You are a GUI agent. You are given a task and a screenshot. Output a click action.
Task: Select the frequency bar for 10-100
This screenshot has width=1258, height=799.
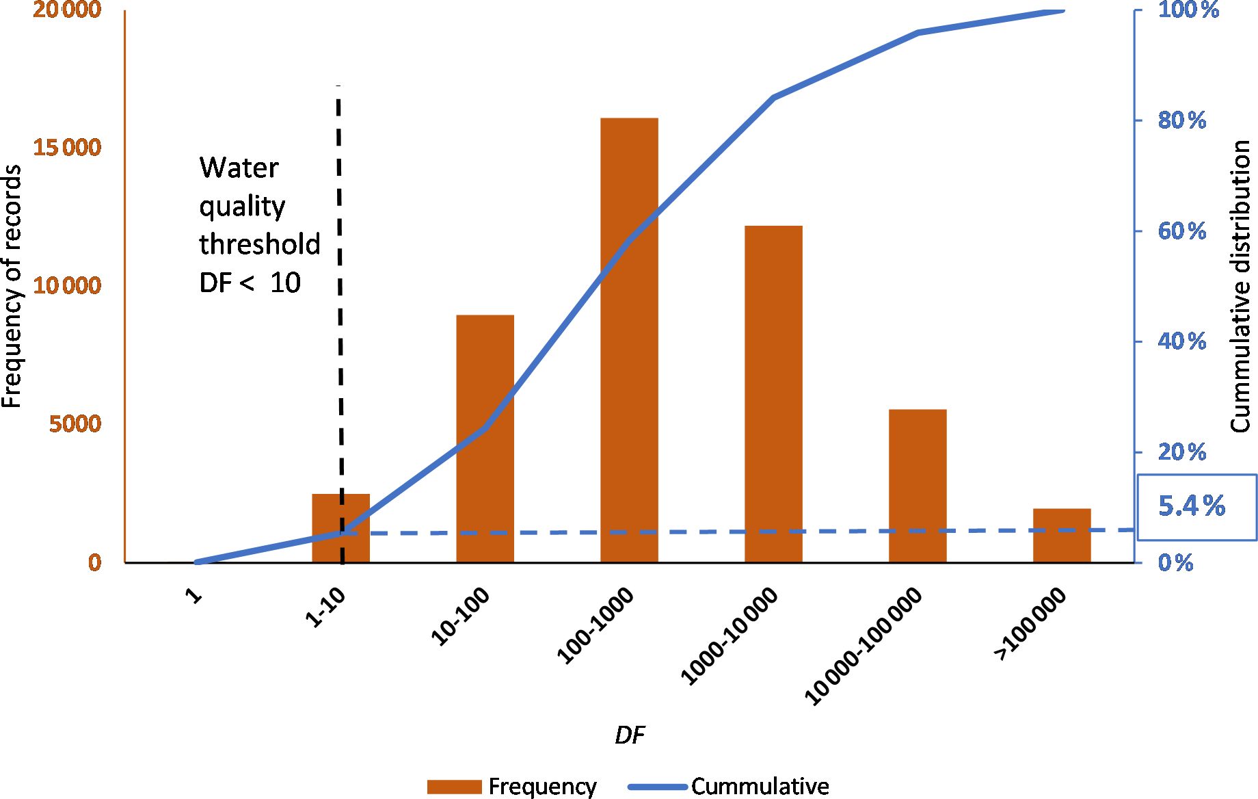click(485, 479)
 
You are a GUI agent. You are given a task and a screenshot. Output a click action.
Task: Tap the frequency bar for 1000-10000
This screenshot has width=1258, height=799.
click(773, 410)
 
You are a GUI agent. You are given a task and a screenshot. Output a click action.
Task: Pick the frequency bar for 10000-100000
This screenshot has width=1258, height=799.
click(918, 493)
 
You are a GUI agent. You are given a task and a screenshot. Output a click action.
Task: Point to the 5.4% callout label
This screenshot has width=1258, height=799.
click(1192, 506)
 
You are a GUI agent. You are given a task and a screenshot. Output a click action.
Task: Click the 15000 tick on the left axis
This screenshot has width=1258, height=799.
click(67, 147)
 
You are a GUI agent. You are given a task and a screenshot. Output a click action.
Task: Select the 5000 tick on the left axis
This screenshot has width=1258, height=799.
click(75, 423)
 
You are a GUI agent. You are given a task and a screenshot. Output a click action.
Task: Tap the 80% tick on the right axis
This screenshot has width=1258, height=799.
click(1181, 120)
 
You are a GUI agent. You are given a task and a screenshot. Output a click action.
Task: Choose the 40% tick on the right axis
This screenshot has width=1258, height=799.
click(1181, 341)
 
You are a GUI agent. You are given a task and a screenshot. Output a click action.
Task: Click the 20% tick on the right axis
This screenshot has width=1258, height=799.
click(1181, 452)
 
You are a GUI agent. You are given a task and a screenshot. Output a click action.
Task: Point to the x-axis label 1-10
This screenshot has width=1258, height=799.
click(326, 607)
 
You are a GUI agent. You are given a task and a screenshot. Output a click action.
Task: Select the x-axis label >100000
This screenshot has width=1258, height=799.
click(1030, 624)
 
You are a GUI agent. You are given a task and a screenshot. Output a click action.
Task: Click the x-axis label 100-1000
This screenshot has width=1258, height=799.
click(596, 625)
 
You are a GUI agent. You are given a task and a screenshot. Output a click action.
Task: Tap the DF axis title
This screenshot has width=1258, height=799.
click(629, 735)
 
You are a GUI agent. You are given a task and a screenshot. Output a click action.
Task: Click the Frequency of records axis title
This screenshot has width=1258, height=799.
click(12, 287)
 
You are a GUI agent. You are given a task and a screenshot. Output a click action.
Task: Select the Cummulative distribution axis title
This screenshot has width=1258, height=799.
click(1240, 287)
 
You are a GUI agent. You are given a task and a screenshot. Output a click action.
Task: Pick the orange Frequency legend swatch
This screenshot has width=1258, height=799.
click(454, 787)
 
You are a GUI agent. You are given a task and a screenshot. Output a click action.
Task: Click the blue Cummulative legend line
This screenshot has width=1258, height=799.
click(657, 787)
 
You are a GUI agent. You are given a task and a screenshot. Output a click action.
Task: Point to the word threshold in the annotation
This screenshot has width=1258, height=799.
click(260, 244)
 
